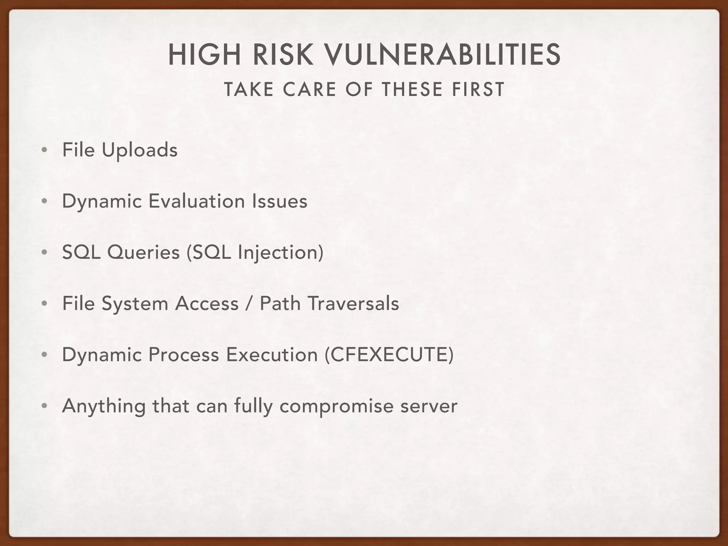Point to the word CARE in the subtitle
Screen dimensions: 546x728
pyautogui.click(x=310, y=89)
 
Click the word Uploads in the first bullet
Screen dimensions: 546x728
pyautogui.click(x=139, y=150)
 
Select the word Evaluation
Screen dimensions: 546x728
pyautogui.click(x=197, y=201)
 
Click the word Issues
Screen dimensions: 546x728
pyautogui.click(x=280, y=201)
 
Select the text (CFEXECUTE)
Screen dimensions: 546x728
pyautogui.click(x=389, y=355)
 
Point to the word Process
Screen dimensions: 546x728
pyautogui.click(x=183, y=355)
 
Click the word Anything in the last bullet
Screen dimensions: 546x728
pyautogui.click(x=103, y=406)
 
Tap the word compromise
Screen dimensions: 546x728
pyautogui.click(x=336, y=406)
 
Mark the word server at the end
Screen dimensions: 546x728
pyautogui.click(x=429, y=406)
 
